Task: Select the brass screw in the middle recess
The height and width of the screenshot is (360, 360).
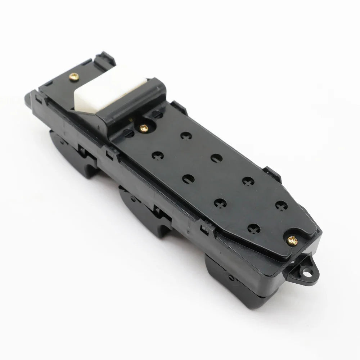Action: click(144, 127)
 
